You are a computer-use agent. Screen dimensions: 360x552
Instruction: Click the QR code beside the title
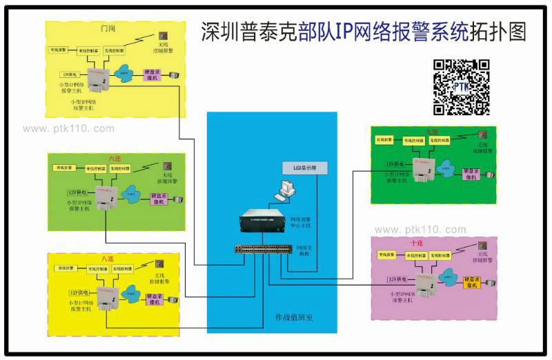click(461, 87)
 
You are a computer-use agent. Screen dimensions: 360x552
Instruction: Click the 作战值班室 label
click(295, 317)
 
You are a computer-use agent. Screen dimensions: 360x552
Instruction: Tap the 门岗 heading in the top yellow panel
click(108, 30)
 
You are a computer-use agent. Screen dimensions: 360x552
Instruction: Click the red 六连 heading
click(115, 158)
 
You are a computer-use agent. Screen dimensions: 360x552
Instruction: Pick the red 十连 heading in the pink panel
click(417, 243)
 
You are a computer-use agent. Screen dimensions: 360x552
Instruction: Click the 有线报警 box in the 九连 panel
click(384, 140)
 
